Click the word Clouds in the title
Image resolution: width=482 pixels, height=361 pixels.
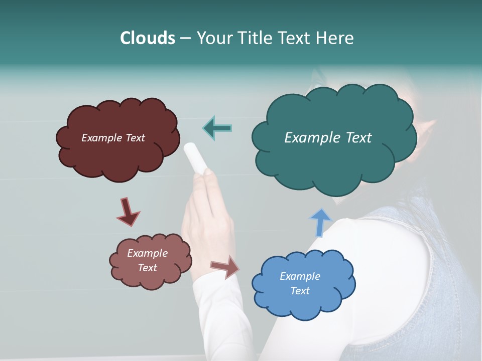pos(147,38)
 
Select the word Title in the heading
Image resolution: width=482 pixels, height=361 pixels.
pos(255,38)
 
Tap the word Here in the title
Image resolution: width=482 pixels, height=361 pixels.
pos(335,38)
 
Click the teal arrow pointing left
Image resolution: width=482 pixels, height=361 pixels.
pos(217,128)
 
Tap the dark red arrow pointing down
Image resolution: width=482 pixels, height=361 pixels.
pos(128,212)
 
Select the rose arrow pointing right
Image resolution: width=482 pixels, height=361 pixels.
pos(225,266)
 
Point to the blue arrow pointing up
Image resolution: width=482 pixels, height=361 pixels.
pos(320,223)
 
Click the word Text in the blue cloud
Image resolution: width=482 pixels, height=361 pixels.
pos(300,291)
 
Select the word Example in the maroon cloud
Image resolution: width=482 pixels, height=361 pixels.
pos(100,138)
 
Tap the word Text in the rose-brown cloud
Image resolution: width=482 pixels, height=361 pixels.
pos(148,268)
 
